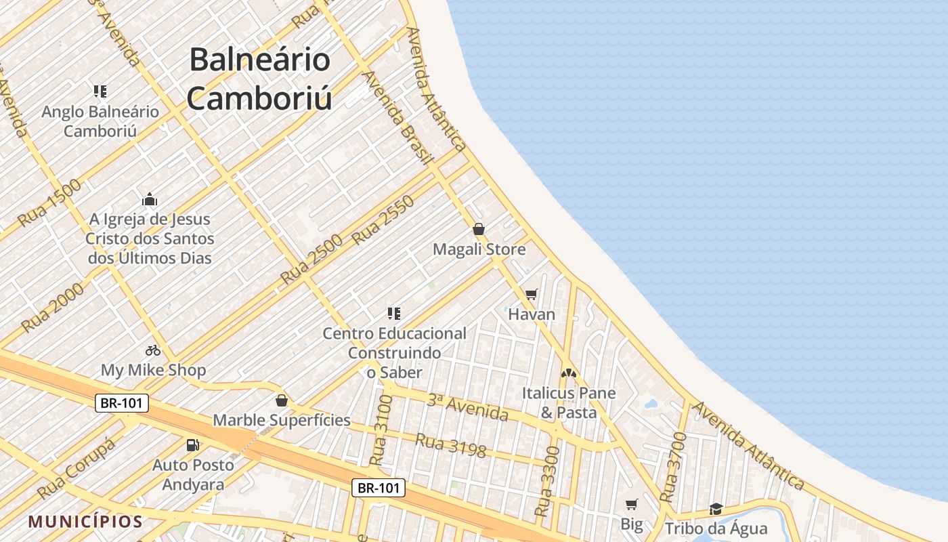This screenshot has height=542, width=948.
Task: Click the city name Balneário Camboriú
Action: tap(260, 79)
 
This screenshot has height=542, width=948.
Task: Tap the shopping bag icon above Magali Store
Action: tap(479, 229)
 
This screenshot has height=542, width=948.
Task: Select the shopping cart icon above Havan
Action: tap(532, 294)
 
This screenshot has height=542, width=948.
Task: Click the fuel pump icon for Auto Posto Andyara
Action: tap(193, 445)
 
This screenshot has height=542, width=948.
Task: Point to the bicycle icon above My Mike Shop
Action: tap(153, 350)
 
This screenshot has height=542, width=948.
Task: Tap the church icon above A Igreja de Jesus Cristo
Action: tap(150, 199)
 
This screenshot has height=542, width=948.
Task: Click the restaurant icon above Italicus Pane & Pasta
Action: tap(568, 373)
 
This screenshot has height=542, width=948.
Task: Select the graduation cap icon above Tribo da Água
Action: tap(716, 509)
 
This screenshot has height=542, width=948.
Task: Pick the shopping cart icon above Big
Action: tap(631, 504)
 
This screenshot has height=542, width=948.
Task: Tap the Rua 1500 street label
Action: tap(49, 203)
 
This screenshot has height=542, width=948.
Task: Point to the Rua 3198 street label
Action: tap(451, 445)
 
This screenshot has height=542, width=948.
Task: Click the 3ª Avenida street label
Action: tap(467, 406)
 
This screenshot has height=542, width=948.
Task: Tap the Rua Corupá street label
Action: tap(76, 468)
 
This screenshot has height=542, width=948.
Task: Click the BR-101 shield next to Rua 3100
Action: tap(379, 487)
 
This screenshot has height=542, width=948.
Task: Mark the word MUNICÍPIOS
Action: tap(86, 522)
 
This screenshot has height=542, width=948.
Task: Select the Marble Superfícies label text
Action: tap(282, 420)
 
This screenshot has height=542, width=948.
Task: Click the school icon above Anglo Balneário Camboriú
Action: tap(100, 91)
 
